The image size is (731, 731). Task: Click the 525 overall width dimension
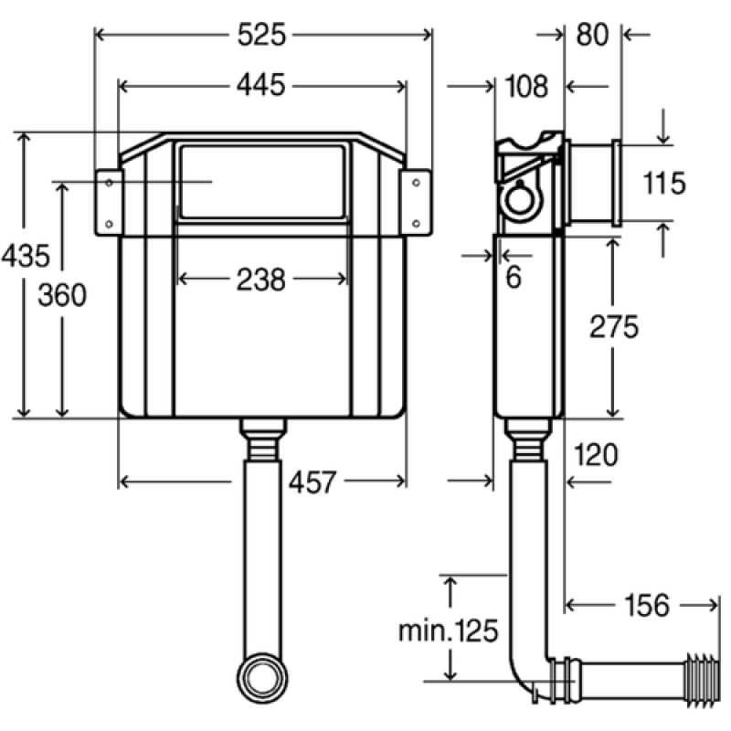point(261,35)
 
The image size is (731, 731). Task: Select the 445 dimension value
point(261,86)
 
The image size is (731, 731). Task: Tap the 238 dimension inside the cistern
point(261,280)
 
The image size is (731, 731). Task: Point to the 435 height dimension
point(26,256)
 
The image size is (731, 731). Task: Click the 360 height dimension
point(62,295)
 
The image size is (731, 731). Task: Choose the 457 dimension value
point(313,482)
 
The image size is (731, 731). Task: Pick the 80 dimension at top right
point(592,35)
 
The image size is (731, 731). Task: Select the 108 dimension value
point(526,87)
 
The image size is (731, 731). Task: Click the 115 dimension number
point(664,182)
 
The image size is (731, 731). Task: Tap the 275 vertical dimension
point(614,326)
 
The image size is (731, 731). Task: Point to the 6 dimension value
point(514,278)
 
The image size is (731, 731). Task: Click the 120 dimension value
point(596,454)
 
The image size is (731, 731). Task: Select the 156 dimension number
point(647,605)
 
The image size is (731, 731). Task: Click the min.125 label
point(449,631)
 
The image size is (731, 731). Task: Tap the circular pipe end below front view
point(262,678)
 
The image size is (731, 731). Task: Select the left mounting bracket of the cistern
point(109,203)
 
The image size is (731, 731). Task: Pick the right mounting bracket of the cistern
point(416,203)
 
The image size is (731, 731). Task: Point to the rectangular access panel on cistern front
point(262,182)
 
